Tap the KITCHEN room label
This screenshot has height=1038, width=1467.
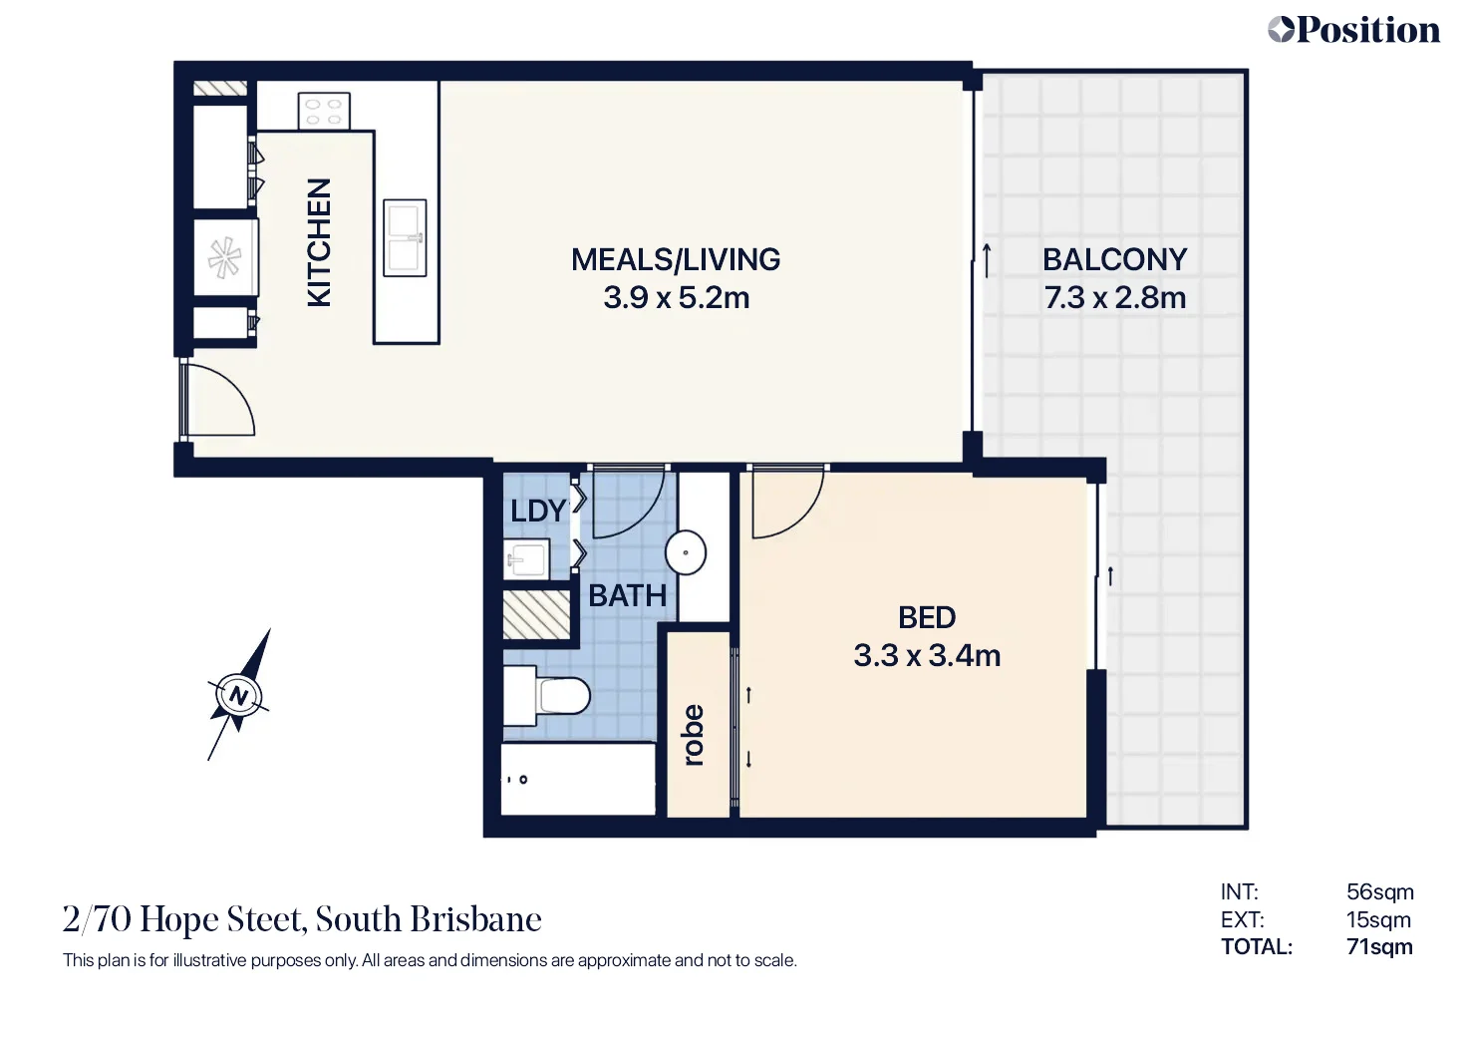tap(319, 242)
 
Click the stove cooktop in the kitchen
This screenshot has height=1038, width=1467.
tap(324, 111)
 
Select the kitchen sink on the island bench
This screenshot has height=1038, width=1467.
tap(406, 237)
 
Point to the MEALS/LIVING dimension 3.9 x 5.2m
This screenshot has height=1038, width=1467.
tap(676, 298)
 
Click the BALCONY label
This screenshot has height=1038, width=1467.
tap(1114, 259)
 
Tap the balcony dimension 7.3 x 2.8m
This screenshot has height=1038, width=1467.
tap(1114, 298)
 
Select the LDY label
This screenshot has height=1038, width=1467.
tap(537, 512)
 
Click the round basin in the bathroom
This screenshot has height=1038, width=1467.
tap(686, 552)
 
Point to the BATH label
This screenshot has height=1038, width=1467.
tap(627, 596)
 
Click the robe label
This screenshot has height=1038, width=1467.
tap(694, 736)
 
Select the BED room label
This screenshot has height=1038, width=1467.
tap(926, 618)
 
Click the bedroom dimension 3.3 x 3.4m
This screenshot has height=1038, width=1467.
tap(926, 656)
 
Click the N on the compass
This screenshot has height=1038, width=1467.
tap(238, 695)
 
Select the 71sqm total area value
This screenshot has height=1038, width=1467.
tap(1378, 947)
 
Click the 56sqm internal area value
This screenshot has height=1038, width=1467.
tap(1379, 892)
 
